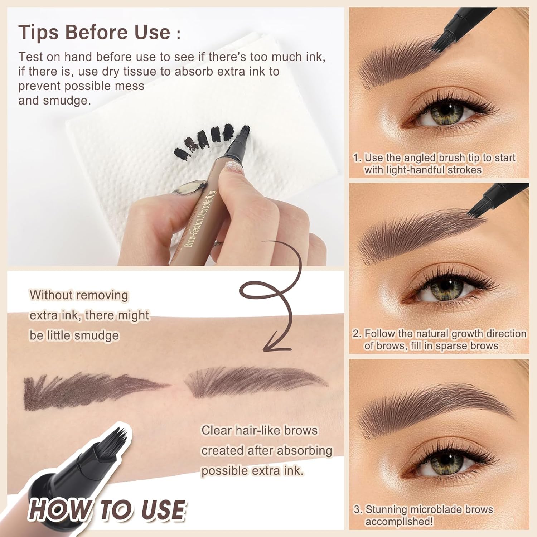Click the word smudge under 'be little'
point(96,335)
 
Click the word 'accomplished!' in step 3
point(399,522)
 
